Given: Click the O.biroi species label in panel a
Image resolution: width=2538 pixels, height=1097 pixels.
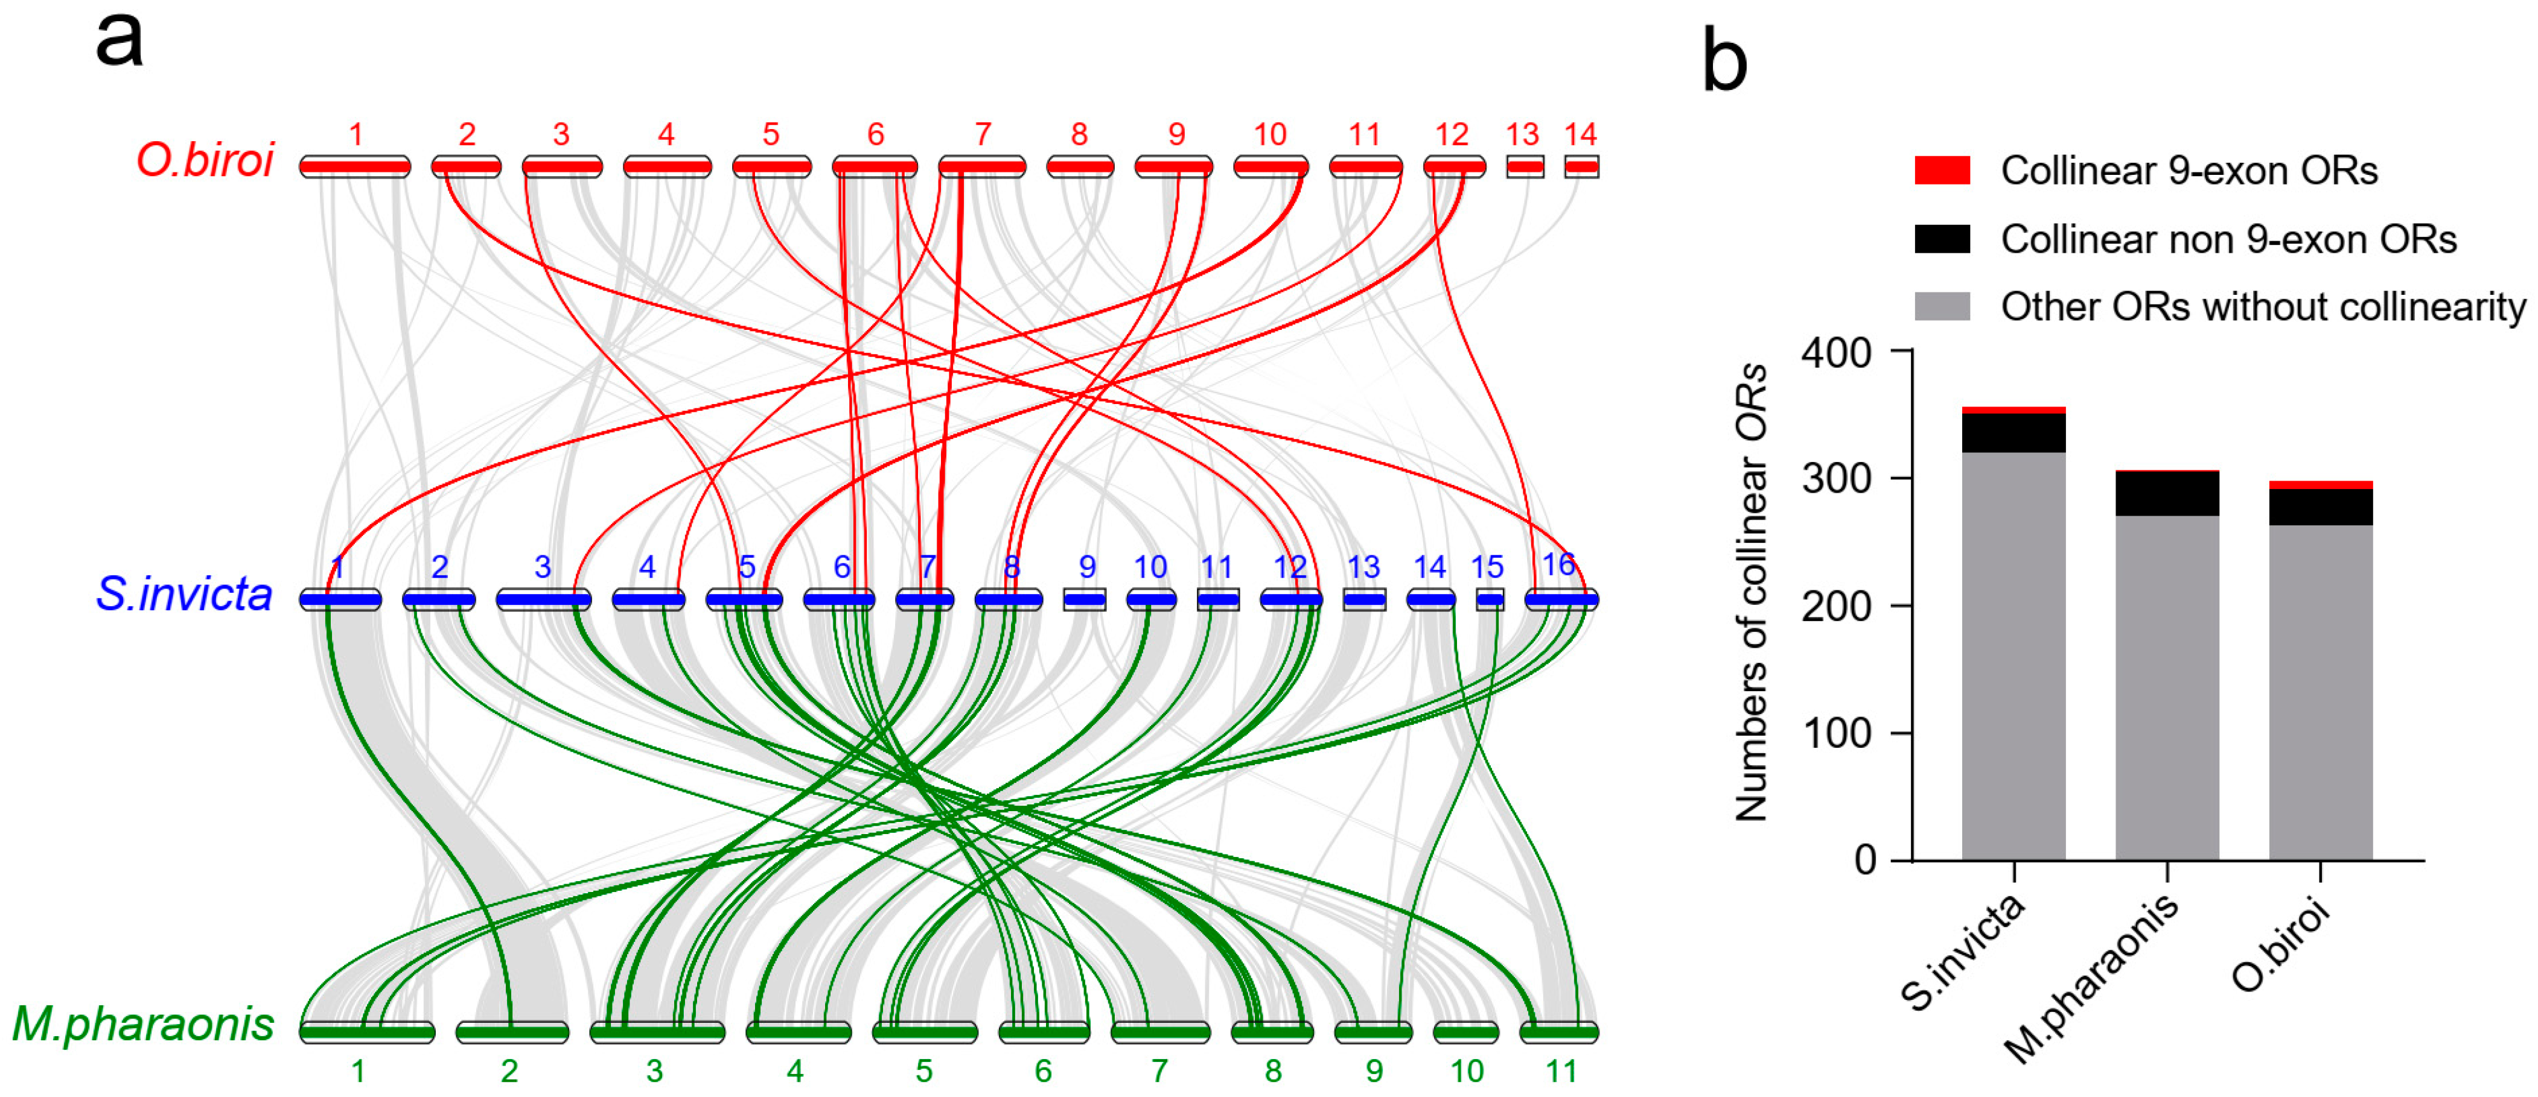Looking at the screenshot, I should pyautogui.click(x=205, y=160).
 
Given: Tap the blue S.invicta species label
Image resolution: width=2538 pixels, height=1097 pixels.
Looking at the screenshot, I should pyautogui.click(x=184, y=594).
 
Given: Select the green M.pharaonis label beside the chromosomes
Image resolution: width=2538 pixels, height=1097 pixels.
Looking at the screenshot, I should pyautogui.click(x=144, y=1024).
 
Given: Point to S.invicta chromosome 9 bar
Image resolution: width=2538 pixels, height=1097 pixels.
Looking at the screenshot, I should pyautogui.click(x=1085, y=599).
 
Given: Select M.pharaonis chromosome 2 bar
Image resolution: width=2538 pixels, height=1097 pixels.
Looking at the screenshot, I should pyautogui.click(x=512, y=1032).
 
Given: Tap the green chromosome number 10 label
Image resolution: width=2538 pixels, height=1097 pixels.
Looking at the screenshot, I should pyautogui.click(x=1466, y=1070).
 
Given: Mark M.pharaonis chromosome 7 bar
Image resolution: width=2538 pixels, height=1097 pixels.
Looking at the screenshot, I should pyautogui.click(x=1159, y=1032).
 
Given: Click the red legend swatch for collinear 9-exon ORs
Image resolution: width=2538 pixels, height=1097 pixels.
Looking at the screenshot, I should pyautogui.click(x=1942, y=170).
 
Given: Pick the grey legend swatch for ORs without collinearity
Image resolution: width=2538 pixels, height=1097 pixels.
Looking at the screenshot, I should pyautogui.click(x=1942, y=306).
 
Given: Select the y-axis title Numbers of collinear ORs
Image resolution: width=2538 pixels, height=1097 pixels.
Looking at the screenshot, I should pyautogui.click(x=1751, y=591).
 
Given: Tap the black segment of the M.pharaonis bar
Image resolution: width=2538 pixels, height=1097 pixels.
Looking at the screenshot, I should pyautogui.click(x=2167, y=495).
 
